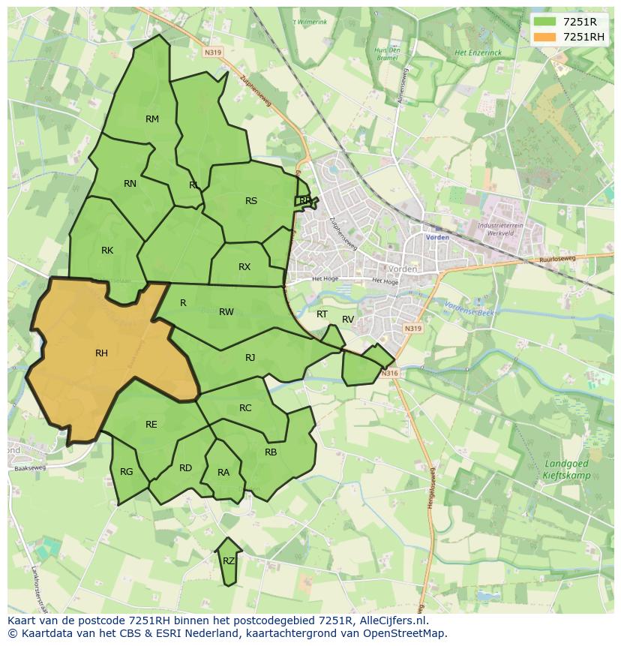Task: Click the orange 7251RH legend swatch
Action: (544, 37)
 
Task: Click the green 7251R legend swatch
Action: (544, 22)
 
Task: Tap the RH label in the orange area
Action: (101, 353)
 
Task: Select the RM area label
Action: (152, 119)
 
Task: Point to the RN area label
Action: (130, 184)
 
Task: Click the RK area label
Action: (107, 251)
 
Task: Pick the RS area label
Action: (251, 201)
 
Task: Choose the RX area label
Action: (244, 267)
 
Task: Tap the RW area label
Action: (226, 312)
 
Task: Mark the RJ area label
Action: (250, 358)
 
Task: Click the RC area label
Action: (245, 408)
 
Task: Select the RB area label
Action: (271, 452)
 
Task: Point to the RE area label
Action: (151, 425)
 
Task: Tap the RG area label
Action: (126, 472)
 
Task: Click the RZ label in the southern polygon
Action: (229, 561)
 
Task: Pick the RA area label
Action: (223, 473)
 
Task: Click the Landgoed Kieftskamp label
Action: (566, 470)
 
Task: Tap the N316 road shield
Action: (388, 373)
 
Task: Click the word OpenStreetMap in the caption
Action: (409, 633)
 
